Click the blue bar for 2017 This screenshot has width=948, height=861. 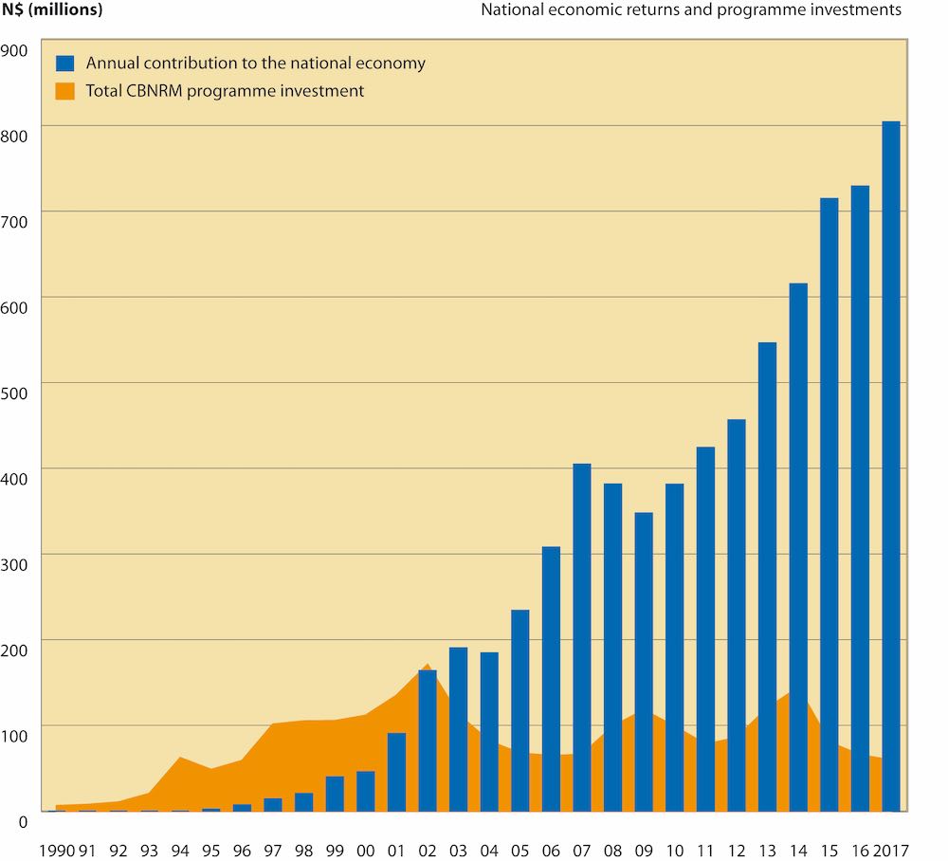(891, 466)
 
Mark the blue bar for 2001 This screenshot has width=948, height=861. (396, 772)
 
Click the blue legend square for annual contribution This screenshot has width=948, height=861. (64, 64)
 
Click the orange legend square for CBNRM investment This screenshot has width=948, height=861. (64, 91)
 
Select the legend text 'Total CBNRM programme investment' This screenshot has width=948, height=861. (225, 91)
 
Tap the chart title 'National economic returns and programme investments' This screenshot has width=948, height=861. (691, 10)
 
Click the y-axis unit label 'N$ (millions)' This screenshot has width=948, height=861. (53, 10)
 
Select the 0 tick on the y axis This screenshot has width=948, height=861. (25, 820)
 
